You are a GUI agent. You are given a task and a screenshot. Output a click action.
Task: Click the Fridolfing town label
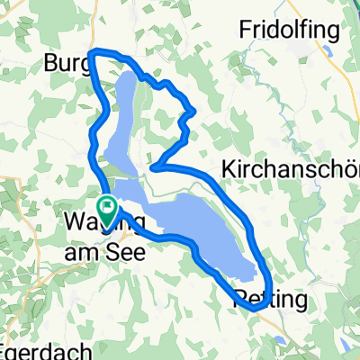[289, 29]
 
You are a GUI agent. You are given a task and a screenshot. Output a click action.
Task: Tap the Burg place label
[64, 65]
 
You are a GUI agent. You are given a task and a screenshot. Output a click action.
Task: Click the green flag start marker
[107, 212]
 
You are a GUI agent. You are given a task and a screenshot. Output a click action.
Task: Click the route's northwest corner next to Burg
[95, 52]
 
